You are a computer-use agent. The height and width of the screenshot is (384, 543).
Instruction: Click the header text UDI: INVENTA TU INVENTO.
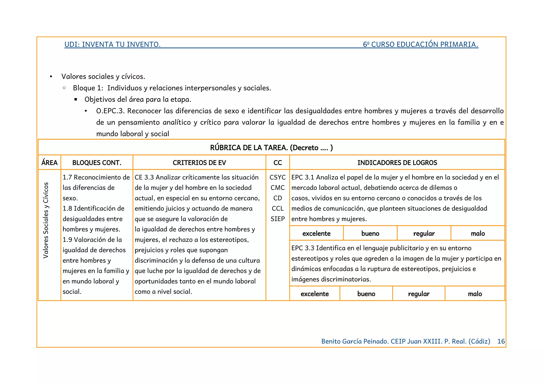coord(112,44)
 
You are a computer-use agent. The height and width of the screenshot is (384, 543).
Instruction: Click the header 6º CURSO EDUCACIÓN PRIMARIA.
coord(421,44)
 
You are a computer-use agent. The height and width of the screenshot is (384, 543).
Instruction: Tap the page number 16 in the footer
coord(501,341)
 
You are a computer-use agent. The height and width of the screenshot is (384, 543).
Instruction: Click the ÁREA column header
coord(49,163)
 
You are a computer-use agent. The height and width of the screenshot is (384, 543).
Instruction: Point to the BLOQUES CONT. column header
coord(97,163)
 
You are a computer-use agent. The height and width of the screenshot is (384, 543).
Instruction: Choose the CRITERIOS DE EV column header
coord(199,163)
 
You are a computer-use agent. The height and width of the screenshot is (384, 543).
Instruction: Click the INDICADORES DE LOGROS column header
coord(397,163)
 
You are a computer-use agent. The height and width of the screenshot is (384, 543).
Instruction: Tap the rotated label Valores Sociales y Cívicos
coord(46,220)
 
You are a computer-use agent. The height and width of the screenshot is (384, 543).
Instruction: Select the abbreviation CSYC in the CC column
coord(277,177)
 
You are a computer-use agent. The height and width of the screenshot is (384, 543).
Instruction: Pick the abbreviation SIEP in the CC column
coord(277,219)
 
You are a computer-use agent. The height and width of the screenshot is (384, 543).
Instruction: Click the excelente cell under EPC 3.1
coord(316,234)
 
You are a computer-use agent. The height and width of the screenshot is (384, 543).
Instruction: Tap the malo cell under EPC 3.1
coord(478,234)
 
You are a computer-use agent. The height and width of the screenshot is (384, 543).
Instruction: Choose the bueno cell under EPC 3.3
coord(366,294)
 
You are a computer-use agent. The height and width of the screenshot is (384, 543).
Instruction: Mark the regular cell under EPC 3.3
coord(418,294)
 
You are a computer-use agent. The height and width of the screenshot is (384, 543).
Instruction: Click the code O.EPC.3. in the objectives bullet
coord(110,111)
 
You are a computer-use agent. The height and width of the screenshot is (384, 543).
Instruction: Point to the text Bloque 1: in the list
coord(88,88)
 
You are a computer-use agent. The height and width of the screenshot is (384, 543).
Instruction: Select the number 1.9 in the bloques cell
coord(67,240)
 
